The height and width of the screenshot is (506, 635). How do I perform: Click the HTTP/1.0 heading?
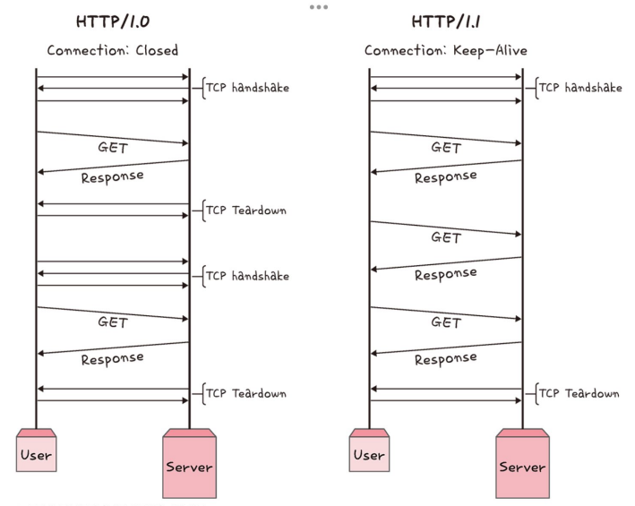click(x=112, y=21)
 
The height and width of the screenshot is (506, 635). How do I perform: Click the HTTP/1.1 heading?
click(x=445, y=21)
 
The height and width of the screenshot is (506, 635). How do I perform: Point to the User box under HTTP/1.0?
click(x=36, y=454)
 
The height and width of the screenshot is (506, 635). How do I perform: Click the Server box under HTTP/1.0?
click(x=189, y=466)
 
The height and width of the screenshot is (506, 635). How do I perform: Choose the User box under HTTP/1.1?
click(x=369, y=454)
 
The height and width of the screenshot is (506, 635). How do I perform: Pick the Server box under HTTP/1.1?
click(x=522, y=466)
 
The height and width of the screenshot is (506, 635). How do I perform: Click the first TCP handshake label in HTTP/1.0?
click(x=247, y=88)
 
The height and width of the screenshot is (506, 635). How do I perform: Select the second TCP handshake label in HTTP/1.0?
click(x=247, y=276)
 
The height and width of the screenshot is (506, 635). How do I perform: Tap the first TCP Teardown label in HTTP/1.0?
click(x=246, y=210)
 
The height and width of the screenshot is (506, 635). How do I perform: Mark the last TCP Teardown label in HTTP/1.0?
click(x=246, y=393)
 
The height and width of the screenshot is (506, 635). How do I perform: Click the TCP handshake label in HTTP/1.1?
click(x=580, y=88)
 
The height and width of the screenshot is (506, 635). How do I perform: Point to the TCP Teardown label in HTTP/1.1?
click(x=579, y=393)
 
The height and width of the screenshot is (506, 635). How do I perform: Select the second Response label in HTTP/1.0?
click(x=112, y=358)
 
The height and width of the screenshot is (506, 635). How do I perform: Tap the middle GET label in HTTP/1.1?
click(x=446, y=237)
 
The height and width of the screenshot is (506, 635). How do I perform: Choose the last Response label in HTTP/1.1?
click(x=445, y=358)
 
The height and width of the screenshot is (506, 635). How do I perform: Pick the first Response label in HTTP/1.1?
click(x=445, y=177)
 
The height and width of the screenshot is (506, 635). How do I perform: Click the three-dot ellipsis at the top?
click(x=318, y=7)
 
